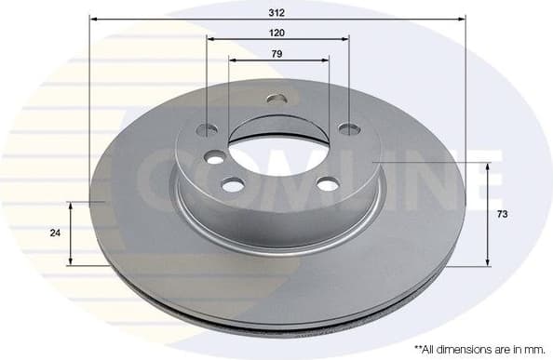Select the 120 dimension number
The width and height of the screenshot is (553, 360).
[278, 32]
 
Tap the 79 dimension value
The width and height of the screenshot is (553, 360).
[278, 53]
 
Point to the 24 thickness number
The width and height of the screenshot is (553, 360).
[57, 233]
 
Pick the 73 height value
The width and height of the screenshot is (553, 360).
[502, 215]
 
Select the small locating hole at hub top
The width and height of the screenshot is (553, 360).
[276, 99]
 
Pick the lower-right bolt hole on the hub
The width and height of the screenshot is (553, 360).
[328, 184]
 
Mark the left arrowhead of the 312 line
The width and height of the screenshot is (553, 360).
[94, 18]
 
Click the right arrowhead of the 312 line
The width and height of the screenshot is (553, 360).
[460, 18]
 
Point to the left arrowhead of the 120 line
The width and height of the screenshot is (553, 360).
[211, 39]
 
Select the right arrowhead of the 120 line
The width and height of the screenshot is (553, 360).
[345, 39]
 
